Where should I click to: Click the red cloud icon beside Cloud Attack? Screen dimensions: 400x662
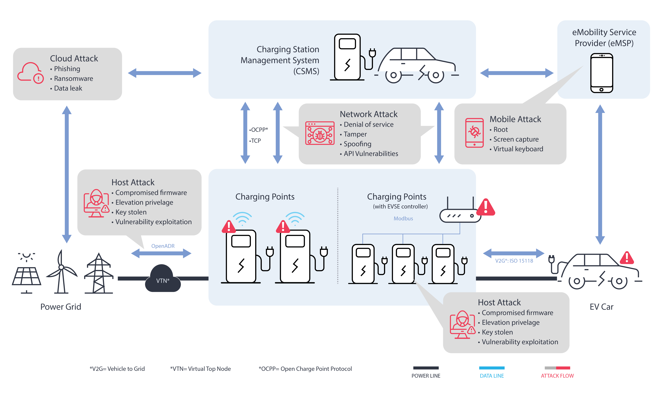coord(30,73)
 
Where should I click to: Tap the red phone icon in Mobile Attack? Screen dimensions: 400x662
coord(474,133)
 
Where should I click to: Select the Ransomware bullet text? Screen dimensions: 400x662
coord(73,78)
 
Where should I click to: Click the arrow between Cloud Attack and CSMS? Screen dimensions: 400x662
coord(164,73)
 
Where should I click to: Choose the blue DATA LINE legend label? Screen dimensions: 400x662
coord(492,376)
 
